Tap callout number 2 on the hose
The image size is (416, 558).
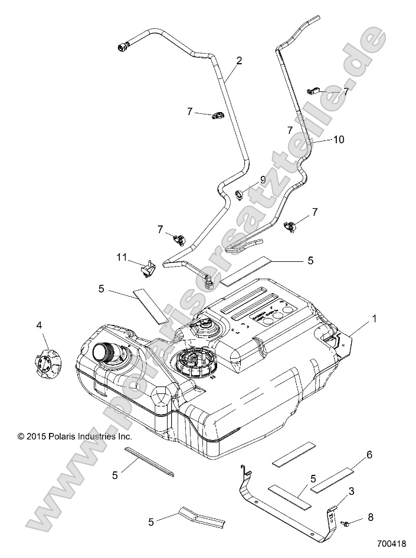(x=239, y=60)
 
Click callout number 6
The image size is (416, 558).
(x=369, y=455)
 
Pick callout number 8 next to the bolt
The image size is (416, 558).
(x=370, y=517)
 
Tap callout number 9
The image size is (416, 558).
(x=263, y=179)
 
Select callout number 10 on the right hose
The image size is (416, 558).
(x=338, y=140)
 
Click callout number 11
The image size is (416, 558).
(x=122, y=257)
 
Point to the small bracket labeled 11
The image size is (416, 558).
(x=148, y=269)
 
